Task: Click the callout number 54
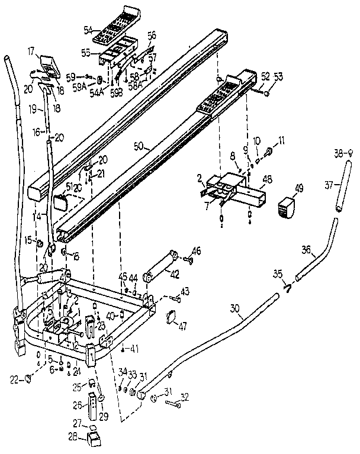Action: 88,30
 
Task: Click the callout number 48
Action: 266,179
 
